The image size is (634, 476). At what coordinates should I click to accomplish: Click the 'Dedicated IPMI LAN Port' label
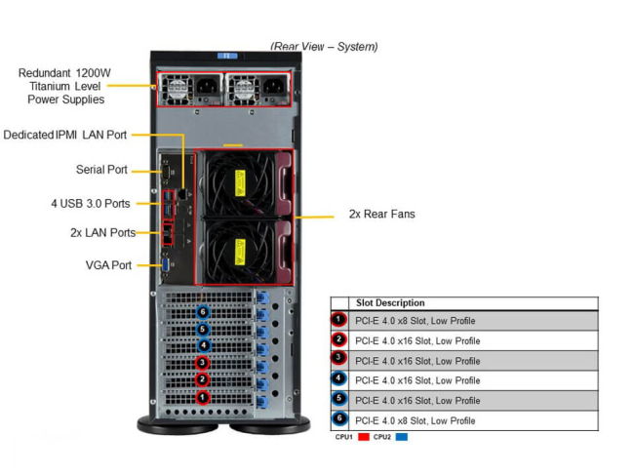[x=64, y=135]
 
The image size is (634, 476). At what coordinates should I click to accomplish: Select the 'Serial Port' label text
[x=101, y=170]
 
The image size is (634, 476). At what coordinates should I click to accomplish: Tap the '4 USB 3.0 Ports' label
[x=90, y=204]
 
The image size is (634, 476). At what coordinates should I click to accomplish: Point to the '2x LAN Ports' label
[x=102, y=232]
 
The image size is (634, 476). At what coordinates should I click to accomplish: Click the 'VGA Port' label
[x=108, y=264]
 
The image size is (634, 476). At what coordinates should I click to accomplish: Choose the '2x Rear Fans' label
[x=381, y=214]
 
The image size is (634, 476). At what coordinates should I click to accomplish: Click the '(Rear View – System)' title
[x=324, y=47]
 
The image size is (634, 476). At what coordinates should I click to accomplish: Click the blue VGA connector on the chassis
[x=167, y=262]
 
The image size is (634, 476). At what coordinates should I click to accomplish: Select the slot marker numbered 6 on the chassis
[x=203, y=312]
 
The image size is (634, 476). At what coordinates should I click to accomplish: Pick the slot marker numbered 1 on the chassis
[x=203, y=397]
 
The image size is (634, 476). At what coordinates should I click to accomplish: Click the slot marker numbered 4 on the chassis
[x=203, y=345]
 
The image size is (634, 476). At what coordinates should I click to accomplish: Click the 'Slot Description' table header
[x=390, y=303]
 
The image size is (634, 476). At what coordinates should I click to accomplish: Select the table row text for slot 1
[x=416, y=321]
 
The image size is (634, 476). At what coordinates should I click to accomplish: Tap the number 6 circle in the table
[x=338, y=420]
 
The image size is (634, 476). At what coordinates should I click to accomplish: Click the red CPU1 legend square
[x=363, y=437]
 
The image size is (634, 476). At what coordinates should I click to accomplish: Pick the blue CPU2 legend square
[x=401, y=437]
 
